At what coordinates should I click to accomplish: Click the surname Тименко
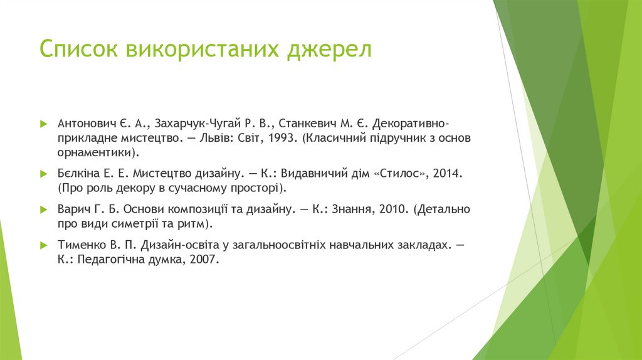click(x=82, y=245)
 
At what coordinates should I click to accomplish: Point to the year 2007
click(x=204, y=260)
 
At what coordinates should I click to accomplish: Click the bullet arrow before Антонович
click(x=43, y=122)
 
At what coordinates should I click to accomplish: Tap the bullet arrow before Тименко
click(x=43, y=245)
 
